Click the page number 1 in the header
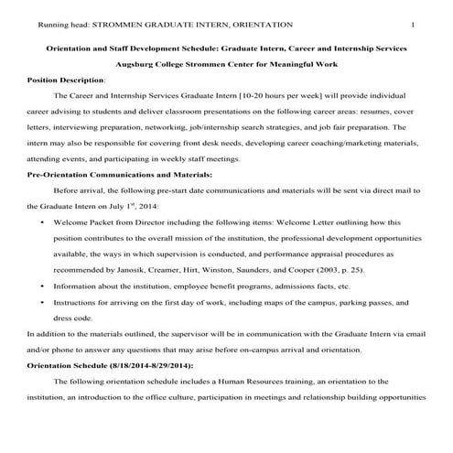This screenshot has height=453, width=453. (x=413, y=24)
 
